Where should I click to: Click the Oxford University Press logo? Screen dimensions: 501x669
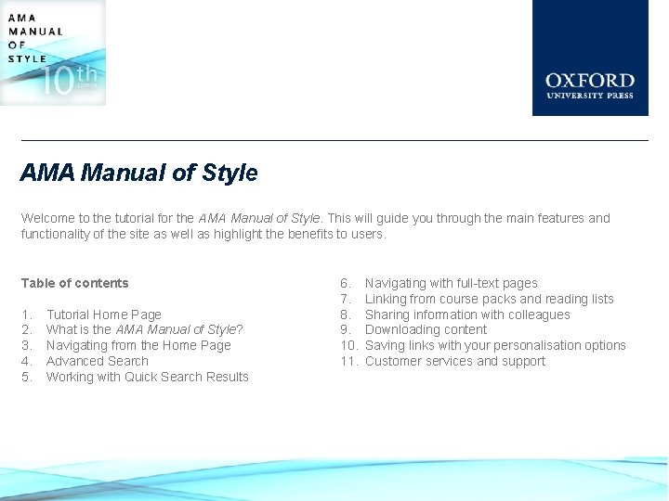(590, 58)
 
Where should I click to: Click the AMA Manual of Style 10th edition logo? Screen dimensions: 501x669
(53, 52)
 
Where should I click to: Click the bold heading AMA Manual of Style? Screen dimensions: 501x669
(139, 173)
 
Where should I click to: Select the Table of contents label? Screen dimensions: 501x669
(75, 283)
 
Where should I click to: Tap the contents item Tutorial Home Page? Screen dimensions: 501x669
(104, 315)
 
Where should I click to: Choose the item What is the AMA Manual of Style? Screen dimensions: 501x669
(145, 329)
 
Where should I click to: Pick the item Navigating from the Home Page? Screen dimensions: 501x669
(138, 345)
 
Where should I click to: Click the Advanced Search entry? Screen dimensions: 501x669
(98, 361)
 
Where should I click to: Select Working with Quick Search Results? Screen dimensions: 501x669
(148, 377)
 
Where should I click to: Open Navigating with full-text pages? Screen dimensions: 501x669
(451, 283)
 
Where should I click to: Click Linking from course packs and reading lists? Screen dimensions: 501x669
(489, 299)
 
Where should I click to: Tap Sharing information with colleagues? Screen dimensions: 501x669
(467, 315)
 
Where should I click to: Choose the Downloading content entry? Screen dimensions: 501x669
(426, 329)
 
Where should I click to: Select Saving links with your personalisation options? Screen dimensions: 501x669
(495, 345)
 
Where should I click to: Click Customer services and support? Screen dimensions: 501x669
(455, 361)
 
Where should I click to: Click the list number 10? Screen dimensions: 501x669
(348, 345)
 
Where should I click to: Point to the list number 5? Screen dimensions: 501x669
(27, 377)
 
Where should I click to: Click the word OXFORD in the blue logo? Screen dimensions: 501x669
(590, 81)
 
